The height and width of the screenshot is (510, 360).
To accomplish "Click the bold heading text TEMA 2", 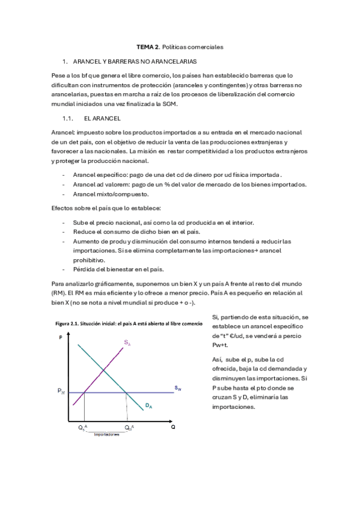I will pos(144,46).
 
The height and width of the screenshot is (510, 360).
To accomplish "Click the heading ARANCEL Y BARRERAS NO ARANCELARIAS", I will pos(135,61).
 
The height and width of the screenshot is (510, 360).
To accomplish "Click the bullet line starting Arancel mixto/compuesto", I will pos(110,194).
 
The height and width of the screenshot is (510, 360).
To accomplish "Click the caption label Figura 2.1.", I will pos(69,324).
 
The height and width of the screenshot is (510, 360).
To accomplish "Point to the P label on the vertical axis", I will pos(61,339).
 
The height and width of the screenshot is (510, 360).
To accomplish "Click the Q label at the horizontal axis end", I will pos(173,426).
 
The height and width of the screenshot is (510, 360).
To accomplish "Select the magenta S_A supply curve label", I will pos(127,342).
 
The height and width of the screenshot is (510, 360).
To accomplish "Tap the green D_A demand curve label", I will pos(148,406).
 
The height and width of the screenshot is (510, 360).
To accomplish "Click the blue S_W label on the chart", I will pos(178,389).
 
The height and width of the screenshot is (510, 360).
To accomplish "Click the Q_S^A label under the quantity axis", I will pos(83,427).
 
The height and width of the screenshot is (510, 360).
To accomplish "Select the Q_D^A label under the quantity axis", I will pos(129,427).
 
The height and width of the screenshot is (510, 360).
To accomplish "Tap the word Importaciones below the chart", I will pos(106,435).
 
